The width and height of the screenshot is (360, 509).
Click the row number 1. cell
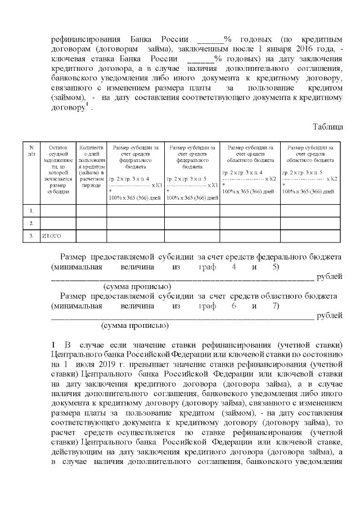31,210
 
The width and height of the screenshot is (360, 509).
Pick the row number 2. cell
31,223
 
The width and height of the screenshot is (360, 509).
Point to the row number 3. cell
31,236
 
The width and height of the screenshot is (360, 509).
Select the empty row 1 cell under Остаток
57,210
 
